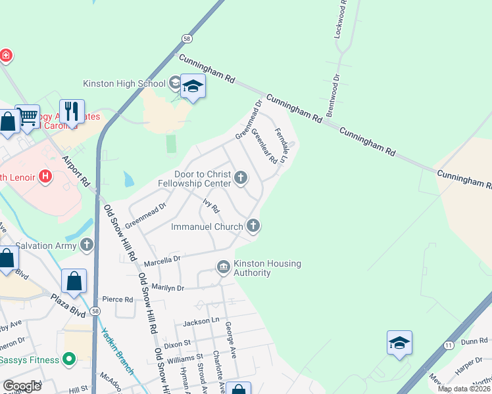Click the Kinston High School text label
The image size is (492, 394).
pyautogui.click(x=124, y=83)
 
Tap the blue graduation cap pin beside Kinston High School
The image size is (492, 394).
pyautogui.click(x=193, y=87)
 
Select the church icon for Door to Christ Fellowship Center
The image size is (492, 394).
pyautogui.click(x=241, y=177)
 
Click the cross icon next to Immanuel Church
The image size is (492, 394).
pyautogui.click(x=253, y=227)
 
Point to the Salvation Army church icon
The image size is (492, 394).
pyautogui.click(x=87, y=245)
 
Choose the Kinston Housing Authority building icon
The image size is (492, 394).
pyautogui.click(x=223, y=267)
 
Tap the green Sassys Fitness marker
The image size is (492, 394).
pyautogui.click(x=68, y=359)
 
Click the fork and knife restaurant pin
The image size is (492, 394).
pyautogui.click(x=72, y=112)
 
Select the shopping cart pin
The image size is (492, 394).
pyautogui.click(x=28, y=118)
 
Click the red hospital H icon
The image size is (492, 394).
pyautogui.click(x=45, y=176)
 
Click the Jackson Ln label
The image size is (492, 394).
pyautogui.click(x=201, y=322)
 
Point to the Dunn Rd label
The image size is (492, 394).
pyautogui.click(x=474, y=341)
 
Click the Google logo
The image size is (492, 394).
pyautogui.click(x=22, y=386)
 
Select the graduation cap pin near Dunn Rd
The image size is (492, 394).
pyautogui.click(x=399, y=343)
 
